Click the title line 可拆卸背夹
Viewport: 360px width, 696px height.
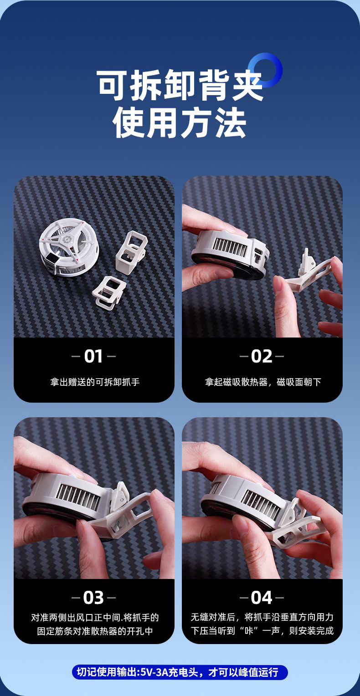pos(180,86)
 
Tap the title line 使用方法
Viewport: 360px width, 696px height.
pos(180,123)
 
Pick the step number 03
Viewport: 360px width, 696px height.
pos(93,598)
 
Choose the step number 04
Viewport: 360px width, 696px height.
pos(262,598)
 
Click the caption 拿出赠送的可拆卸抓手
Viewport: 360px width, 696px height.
pos(94,382)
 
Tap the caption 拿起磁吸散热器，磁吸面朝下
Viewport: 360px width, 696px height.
pos(262,382)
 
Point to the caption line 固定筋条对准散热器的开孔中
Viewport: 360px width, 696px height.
pos(94,631)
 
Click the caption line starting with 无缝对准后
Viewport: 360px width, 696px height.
pos(262,617)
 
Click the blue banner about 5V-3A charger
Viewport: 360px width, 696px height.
pos(180,672)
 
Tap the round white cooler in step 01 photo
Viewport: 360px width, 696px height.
pos(68,248)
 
